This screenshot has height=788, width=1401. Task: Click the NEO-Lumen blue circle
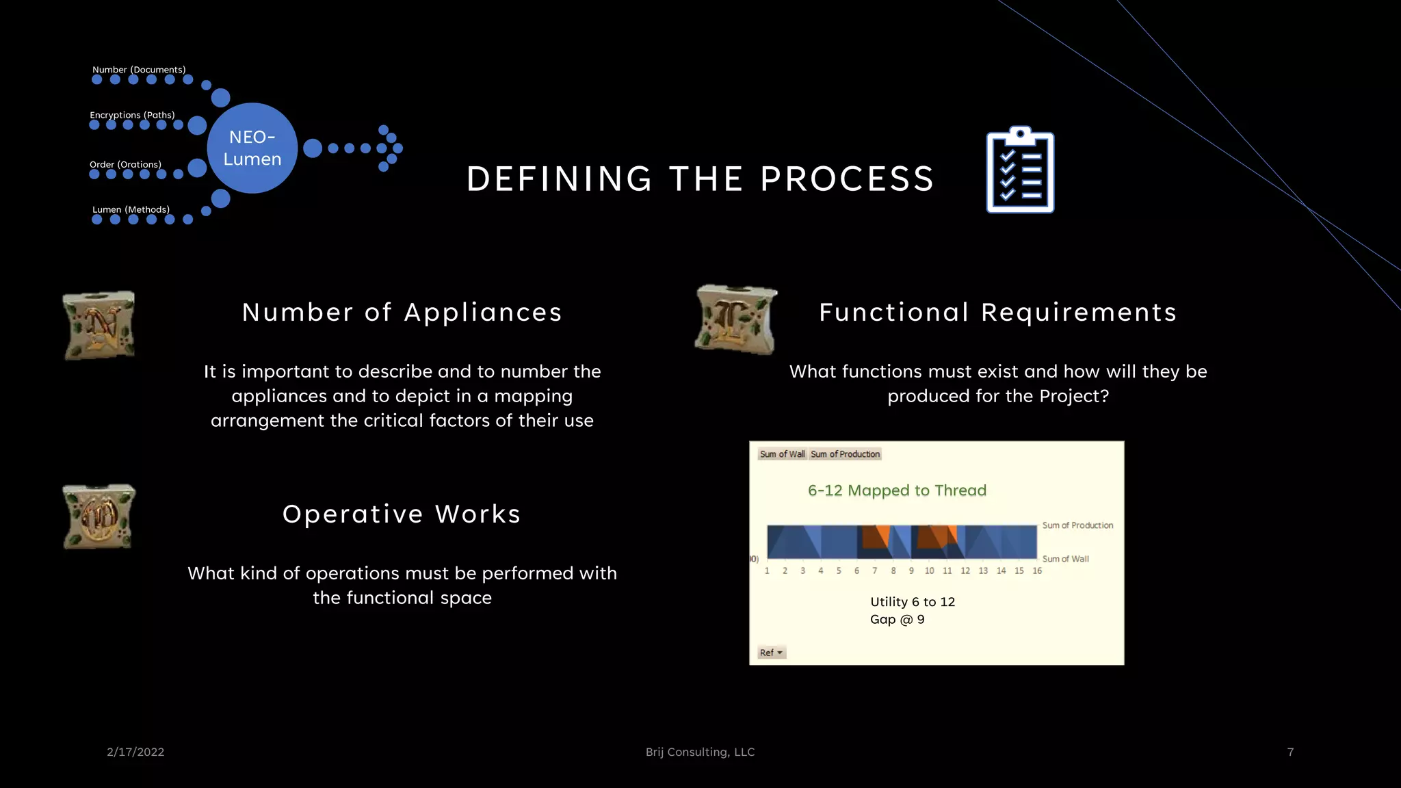pyautogui.click(x=252, y=148)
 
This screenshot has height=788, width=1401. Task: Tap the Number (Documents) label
pyautogui.click(x=139, y=70)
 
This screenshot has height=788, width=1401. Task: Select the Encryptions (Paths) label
pyautogui.click(x=132, y=115)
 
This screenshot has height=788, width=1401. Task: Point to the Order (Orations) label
pyautogui.click(x=125, y=164)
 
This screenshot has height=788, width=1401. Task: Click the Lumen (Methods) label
pyautogui.click(x=131, y=209)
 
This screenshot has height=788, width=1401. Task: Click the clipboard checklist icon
pyautogui.click(x=1020, y=170)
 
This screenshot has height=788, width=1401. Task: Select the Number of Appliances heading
pyautogui.click(x=402, y=313)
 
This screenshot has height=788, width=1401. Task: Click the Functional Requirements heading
pyautogui.click(x=997, y=313)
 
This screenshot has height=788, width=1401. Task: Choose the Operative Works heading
pyautogui.click(x=402, y=514)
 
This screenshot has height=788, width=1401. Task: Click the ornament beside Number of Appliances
pyautogui.click(x=99, y=326)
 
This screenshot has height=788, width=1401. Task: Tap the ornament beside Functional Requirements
pyautogui.click(x=736, y=319)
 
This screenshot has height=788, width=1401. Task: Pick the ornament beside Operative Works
pyautogui.click(x=99, y=516)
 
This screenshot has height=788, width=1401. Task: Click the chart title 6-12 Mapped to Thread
pyautogui.click(x=897, y=490)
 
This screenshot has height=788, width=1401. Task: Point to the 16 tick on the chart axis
pyautogui.click(x=1037, y=570)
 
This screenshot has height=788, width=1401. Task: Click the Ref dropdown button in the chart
pyautogui.click(x=771, y=653)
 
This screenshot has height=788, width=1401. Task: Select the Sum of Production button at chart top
pyautogui.click(x=845, y=454)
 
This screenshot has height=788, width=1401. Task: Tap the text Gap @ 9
pyautogui.click(x=897, y=620)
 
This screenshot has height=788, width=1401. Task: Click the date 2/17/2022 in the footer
pyautogui.click(x=135, y=752)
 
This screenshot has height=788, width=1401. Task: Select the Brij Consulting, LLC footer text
pyautogui.click(x=700, y=752)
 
